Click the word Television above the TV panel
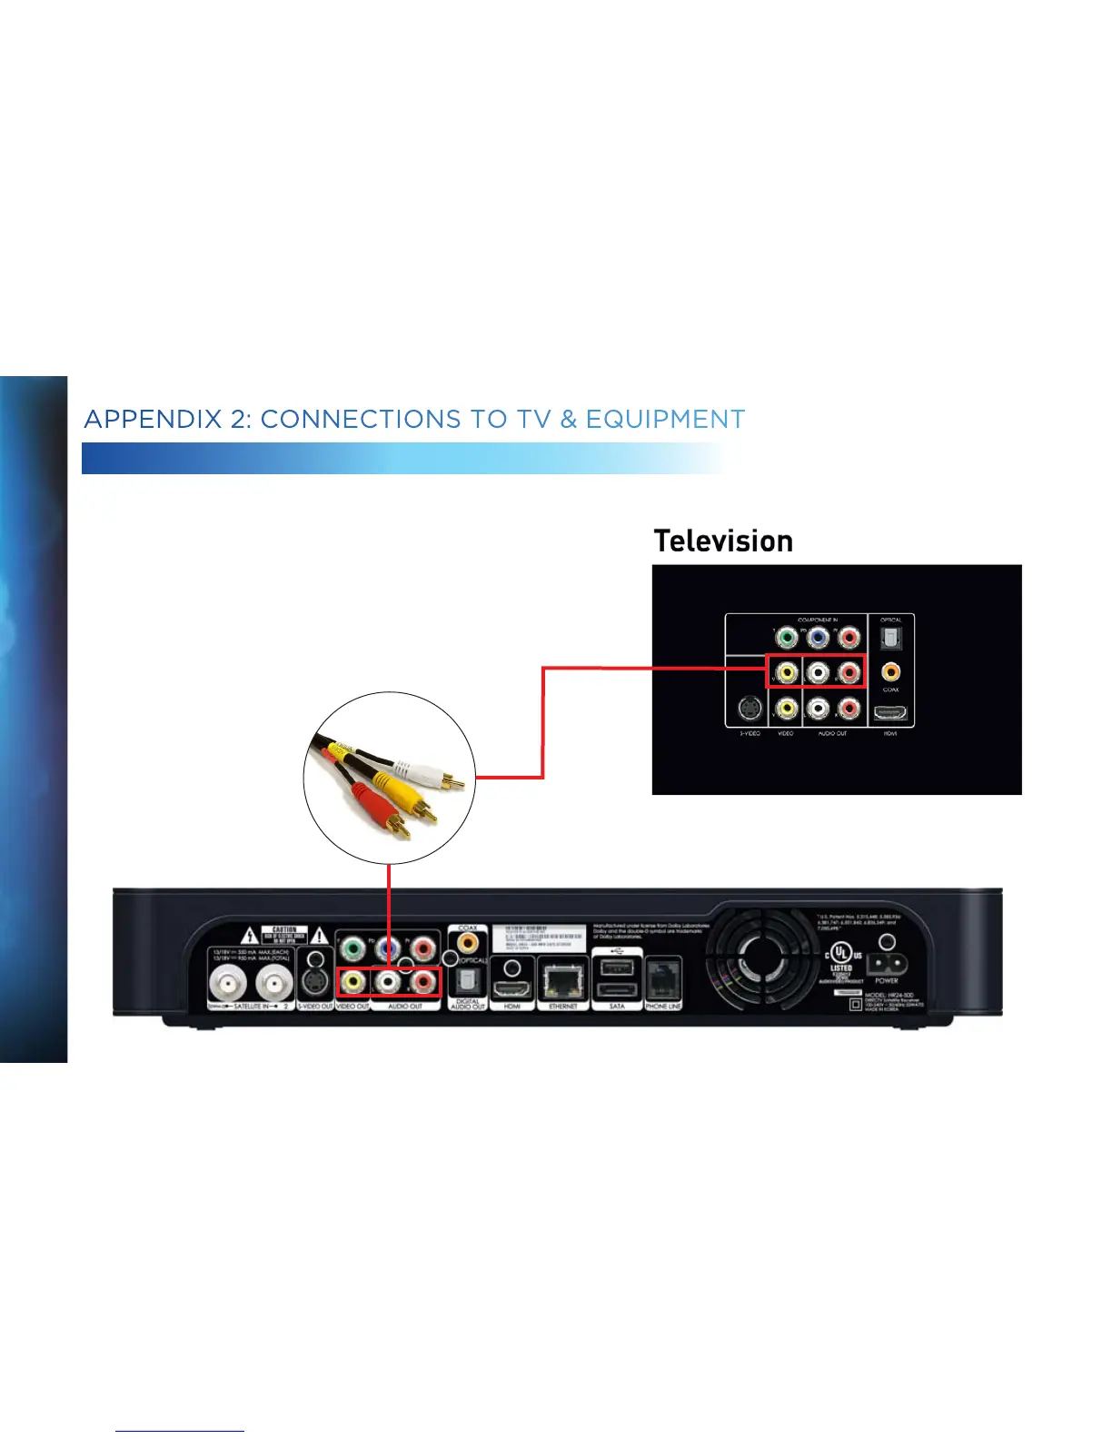point(723,541)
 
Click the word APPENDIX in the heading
point(153,420)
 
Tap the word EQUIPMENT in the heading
point(665,420)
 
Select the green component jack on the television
point(787,638)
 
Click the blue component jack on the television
point(818,638)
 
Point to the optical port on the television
point(891,639)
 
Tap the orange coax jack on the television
point(891,672)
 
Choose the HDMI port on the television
point(890,715)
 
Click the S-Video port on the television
point(750,709)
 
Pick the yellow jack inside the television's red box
point(787,672)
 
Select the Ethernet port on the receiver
point(563,980)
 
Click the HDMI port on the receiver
point(512,987)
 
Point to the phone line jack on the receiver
point(663,979)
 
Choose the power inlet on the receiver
point(886,964)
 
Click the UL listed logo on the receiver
point(841,955)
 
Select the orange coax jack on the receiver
point(468,943)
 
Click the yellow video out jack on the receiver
point(352,982)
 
